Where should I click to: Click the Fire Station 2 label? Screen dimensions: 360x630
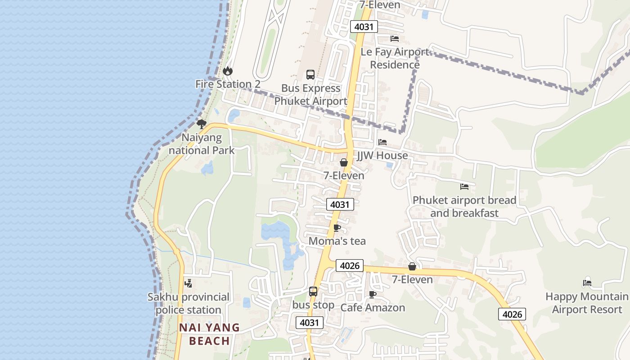pyautogui.click(x=228, y=84)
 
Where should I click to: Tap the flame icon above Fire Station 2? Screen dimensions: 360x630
pyautogui.click(x=228, y=71)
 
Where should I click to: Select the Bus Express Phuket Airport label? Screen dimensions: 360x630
pyautogui.click(x=310, y=94)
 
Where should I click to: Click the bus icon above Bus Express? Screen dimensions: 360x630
pyautogui.click(x=310, y=75)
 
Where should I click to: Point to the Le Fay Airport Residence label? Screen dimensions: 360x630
pyautogui.click(x=395, y=58)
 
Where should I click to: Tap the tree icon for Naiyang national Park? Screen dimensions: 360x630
pyautogui.click(x=202, y=124)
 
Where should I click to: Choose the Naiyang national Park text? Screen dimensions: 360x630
pyautogui.click(x=202, y=144)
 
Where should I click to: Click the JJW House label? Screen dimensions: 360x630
pyautogui.click(x=382, y=156)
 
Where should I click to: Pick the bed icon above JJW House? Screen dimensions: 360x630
pyautogui.click(x=382, y=142)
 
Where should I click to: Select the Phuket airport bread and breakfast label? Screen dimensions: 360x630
pyautogui.click(x=464, y=207)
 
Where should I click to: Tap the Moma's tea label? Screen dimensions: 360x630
pyautogui.click(x=337, y=241)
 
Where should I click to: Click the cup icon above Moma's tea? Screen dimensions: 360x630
pyautogui.click(x=337, y=228)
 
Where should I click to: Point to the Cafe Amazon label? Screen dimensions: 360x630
pyautogui.click(x=373, y=308)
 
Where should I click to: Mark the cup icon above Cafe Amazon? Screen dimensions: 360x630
pyautogui.click(x=373, y=294)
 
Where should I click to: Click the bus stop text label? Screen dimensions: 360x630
pyautogui.click(x=313, y=305)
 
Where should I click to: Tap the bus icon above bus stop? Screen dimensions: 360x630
pyautogui.click(x=313, y=292)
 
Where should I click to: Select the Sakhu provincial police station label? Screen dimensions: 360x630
pyautogui.click(x=189, y=303)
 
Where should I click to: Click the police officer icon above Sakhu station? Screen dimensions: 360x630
pyautogui.click(x=189, y=283)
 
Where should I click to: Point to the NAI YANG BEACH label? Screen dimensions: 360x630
pyautogui.click(x=210, y=334)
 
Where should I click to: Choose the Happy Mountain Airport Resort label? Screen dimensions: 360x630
pyautogui.click(x=587, y=303)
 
